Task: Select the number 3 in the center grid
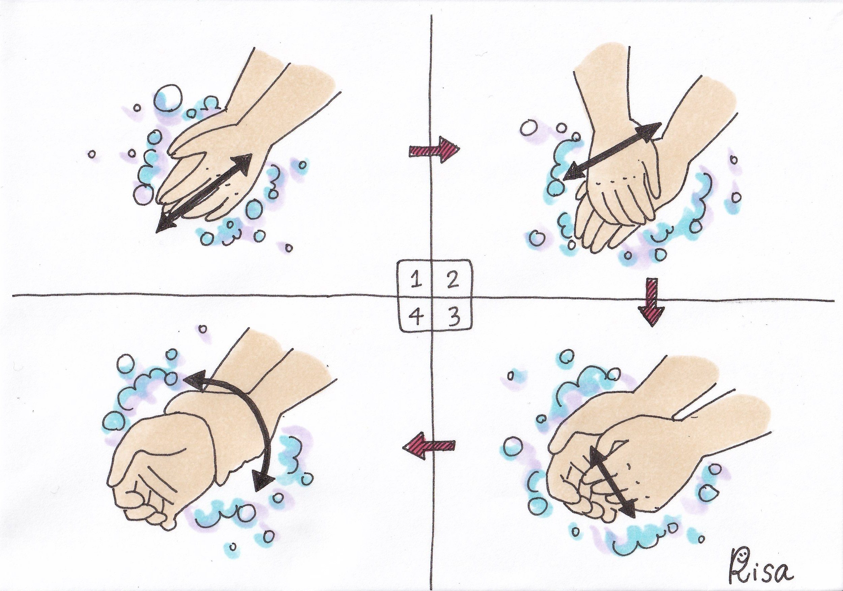click(454, 317)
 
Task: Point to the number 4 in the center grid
click(415, 317)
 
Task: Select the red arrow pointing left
click(429, 446)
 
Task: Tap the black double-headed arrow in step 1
click(204, 193)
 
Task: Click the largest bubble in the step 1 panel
click(168, 98)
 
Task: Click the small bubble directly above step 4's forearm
click(202, 329)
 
